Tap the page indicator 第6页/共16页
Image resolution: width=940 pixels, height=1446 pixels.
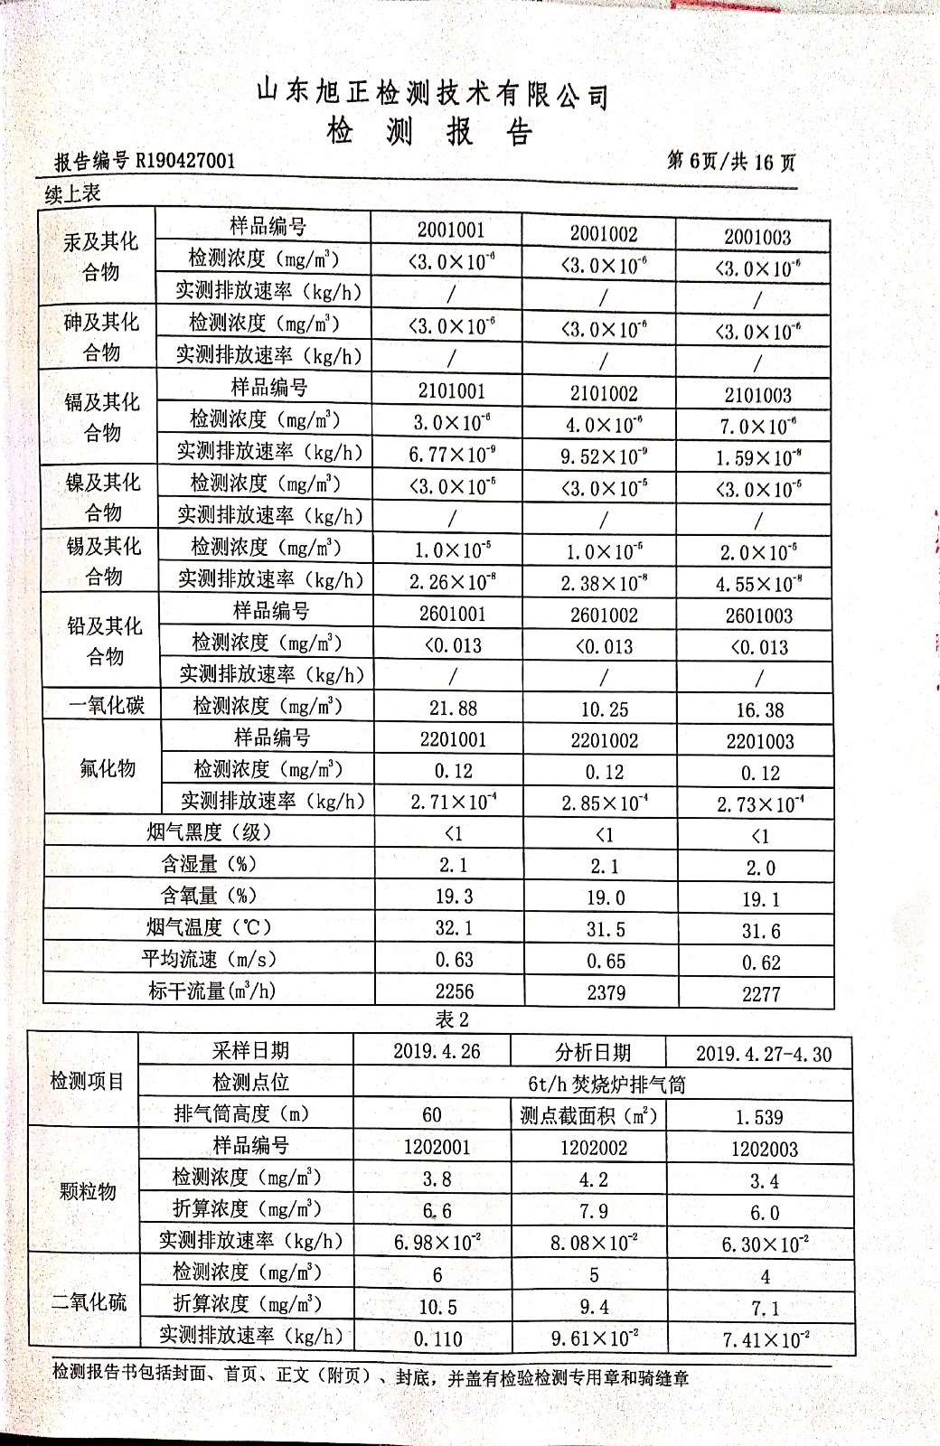[x=731, y=162]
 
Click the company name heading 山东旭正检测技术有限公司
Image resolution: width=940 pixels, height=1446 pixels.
[x=432, y=93]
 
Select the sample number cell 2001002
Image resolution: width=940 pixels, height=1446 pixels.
[x=603, y=234]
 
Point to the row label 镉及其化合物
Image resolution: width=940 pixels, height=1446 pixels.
[x=102, y=417]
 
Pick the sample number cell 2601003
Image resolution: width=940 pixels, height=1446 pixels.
[x=758, y=616]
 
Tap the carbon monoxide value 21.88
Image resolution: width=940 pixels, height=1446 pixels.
[x=453, y=709]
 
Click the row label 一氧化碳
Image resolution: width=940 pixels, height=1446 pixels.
[x=107, y=706]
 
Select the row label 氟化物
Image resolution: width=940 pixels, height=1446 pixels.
[x=108, y=769]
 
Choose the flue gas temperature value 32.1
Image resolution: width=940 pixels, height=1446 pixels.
[x=453, y=928]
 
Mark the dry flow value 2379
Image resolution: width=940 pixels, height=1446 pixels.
[x=606, y=992]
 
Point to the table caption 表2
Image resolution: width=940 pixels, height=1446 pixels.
[x=452, y=1019]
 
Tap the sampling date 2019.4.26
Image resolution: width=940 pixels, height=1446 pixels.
[x=437, y=1051]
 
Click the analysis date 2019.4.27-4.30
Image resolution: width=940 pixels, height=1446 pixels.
[x=763, y=1054]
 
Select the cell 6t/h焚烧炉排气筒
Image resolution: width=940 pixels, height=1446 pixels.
[x=606, y=1084]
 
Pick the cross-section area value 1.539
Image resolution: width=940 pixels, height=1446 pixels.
[x=758, y=1117]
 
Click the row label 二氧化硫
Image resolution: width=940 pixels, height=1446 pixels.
[x=89, y=1302]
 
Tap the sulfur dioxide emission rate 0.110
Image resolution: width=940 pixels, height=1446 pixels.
[x=437, y=1338]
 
